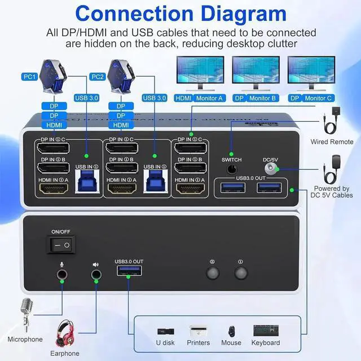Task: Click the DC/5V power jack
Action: pos(274,168)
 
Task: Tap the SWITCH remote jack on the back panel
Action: pos(231,168)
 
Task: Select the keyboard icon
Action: pos(266,331)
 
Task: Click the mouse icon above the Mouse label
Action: pos(232,331)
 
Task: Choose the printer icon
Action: pos(198,331)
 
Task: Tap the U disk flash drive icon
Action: pos(165,331)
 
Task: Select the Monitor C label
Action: pos(318,98)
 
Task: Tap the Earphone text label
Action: pos(64,354)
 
